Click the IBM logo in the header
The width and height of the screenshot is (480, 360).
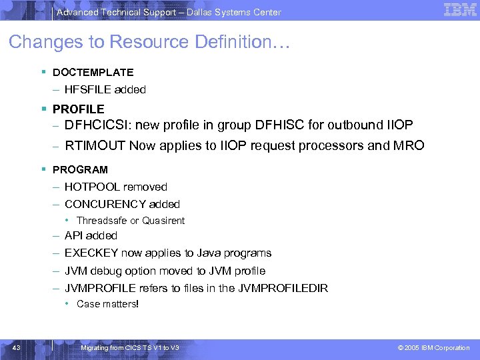coord(460,10)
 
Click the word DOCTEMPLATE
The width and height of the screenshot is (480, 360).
coord(93,72)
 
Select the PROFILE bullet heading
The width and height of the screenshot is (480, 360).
coord(78,109)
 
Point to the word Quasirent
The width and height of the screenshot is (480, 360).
coord(163,221)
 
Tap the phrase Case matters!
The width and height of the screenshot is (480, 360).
coord(107,304)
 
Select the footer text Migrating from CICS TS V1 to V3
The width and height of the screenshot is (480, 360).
coord(129,348)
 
